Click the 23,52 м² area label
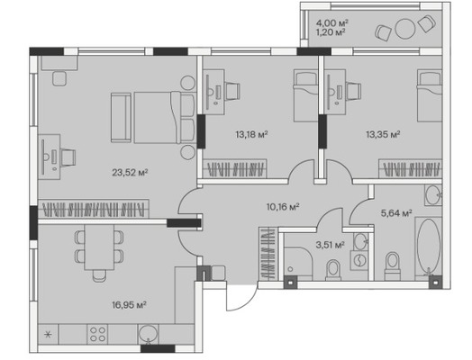130,173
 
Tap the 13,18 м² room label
251,134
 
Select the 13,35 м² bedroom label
383,134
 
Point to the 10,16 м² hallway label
283,207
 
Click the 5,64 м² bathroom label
396,213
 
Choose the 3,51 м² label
331,245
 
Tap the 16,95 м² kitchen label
129,305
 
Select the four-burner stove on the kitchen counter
98,335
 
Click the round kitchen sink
148,334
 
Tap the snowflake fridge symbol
48,335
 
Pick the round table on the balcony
404,29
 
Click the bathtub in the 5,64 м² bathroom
429,247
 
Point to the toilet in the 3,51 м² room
333,269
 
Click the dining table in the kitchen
99,247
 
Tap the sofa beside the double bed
121,117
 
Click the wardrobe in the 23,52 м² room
94,209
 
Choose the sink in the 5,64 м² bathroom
433,195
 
